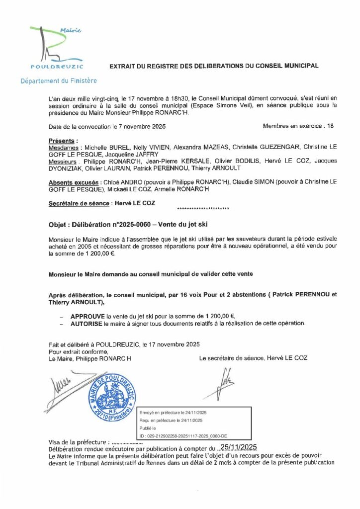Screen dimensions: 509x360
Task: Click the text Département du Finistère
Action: point(59,81)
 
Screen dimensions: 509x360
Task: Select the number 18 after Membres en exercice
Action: point(330,126)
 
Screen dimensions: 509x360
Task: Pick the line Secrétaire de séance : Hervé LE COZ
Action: point(95,203)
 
